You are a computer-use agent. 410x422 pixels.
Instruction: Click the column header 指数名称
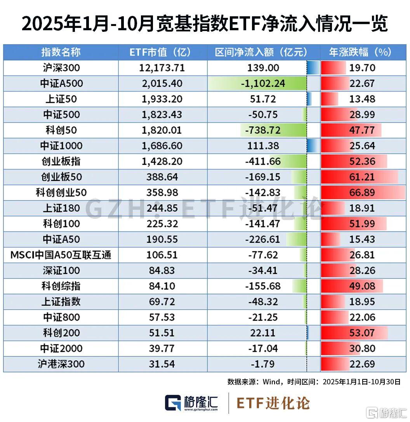61,52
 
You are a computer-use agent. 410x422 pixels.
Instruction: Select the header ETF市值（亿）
163,52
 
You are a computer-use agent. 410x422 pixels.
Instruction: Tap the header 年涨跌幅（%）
360,52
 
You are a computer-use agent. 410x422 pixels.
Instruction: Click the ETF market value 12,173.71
162,68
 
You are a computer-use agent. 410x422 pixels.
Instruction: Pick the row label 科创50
61,130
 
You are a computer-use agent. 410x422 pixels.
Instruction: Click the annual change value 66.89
362,192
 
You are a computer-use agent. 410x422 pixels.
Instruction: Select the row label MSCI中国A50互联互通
61,255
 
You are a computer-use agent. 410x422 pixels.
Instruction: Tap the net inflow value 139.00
263,68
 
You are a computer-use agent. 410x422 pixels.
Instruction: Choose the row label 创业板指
61,161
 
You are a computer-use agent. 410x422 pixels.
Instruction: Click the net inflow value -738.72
263,130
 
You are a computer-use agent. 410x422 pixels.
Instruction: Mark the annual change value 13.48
362,99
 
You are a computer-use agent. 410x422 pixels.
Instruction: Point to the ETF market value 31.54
162,364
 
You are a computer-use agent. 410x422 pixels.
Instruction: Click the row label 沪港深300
61,364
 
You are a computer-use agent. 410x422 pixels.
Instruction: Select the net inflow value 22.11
263,333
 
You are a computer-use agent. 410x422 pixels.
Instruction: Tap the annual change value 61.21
362,177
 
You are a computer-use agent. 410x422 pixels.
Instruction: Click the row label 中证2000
61,348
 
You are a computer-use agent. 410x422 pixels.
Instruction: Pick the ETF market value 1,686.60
162,146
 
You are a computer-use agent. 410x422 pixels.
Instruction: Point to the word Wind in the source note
271,382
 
